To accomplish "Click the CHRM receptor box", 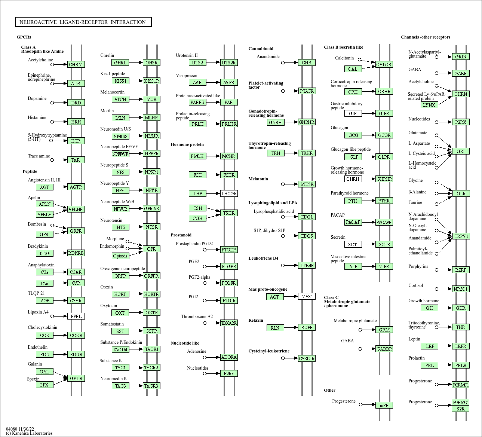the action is pyautogui.click(x=76, y=64).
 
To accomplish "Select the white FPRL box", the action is pyautogui.click(x=76, y=316).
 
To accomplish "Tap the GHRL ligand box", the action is pyautogui.click(x=120, y=62).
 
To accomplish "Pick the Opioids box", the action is pyautogui.click(x=120, y=256).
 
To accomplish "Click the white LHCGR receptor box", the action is pyautogui.click(x=229, y=193).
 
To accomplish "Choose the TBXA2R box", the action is pyautogui.click(x=229, y=323).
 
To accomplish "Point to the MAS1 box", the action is pyautogui.click(x=307, y=297).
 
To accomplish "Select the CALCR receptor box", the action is pyautogui.click(x=384, y=64).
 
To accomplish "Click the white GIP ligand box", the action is pyautogui.click(x=353, y=113).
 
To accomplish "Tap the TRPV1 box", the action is pyautogui.click(x=461, y=236).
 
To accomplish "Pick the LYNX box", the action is pyautogui.click(x=429, y=105).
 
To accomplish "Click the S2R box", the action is pyautogui.click(x=461, y=409).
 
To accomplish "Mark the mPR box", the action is pyautogui.click(x=384, y=405).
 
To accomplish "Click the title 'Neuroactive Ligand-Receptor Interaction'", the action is pyautogui.click(x=83, y=22).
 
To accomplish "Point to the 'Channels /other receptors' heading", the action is pyautogui.click(x=426, y=37).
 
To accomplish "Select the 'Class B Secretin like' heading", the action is pyautogui.click(x=343, y=47).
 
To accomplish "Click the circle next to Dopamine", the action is pyautogui.click(x=52, y=103).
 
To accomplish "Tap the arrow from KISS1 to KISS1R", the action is pyautogui.click(x=136, y=81).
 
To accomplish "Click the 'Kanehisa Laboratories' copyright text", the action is pyautogui.click(x=32, y=433).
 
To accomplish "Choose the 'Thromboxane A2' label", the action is pyautogui.click(x=197, y=317).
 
